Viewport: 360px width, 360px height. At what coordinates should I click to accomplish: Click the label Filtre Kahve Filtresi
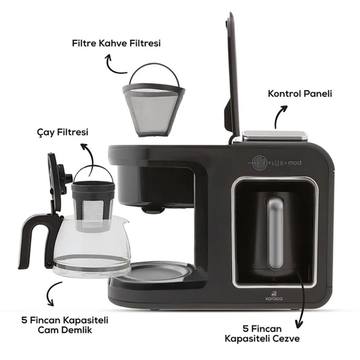point(116,43)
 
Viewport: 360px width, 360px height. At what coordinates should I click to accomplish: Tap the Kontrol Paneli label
point(300,94)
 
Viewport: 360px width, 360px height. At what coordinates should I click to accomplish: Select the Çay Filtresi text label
point(63,132)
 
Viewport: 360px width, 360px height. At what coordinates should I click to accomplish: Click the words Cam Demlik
point(65,330)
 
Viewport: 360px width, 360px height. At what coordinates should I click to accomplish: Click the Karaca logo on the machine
point(274,296)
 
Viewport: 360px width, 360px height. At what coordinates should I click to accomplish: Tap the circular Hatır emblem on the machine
point(259,163)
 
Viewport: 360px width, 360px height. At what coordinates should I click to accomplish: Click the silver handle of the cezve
point(275,233)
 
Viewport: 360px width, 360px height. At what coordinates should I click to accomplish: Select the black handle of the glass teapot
point(30,239)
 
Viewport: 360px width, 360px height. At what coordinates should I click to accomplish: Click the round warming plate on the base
point(161,273)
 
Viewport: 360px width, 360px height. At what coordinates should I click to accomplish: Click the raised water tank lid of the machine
point(232,76)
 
